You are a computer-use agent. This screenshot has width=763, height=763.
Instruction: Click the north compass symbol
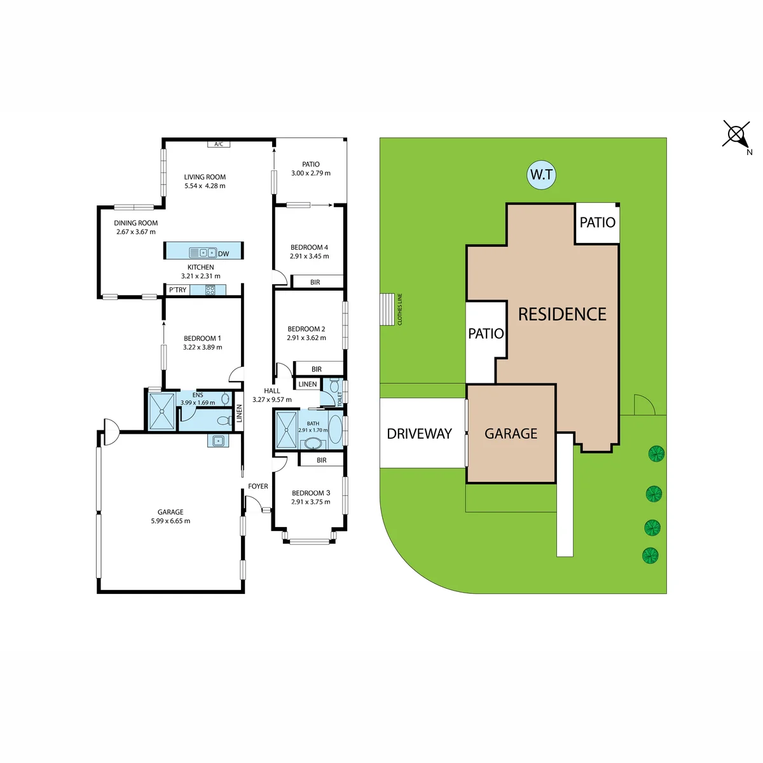(736, 134)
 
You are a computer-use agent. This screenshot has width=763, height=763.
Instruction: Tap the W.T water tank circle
(541, 175)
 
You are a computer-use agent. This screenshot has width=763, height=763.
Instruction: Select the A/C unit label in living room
(219, 144)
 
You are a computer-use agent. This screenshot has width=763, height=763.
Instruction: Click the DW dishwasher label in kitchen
(224, 254)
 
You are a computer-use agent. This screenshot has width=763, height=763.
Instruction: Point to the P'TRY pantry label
(178, 290)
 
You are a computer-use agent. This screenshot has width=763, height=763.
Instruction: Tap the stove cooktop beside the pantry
(210, 290)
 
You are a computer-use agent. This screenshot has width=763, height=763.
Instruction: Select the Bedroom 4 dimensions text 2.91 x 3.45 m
(309, 256)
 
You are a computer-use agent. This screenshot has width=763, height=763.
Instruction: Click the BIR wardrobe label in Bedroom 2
(317, 369)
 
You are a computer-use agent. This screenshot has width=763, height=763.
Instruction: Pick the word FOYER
(258, 486)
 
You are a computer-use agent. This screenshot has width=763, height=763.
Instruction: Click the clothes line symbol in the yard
(388, 309)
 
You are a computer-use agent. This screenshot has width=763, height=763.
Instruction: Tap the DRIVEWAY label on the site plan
(419, 434)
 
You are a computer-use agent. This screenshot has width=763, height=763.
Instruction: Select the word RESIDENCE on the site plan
(562, 314)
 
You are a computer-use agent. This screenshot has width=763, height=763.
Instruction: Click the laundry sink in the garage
(218, 440)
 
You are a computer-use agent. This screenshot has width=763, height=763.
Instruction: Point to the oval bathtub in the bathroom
(336, 429)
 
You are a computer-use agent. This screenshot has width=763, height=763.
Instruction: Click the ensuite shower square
(162, 411)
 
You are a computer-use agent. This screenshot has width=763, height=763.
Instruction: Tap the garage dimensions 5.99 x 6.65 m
(170, 521)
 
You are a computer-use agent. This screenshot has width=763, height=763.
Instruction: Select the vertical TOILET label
(340, 399)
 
